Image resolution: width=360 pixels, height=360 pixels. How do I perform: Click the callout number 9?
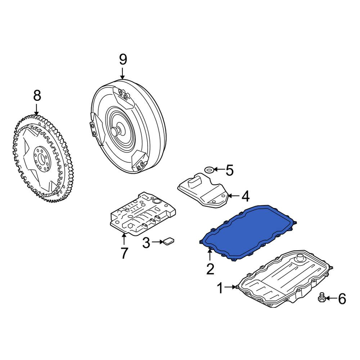(123, 59)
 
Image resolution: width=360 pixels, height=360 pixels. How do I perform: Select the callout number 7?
(124, 253)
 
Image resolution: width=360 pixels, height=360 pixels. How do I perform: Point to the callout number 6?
(342, 299)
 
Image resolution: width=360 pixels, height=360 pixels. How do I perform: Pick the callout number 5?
(229, 170)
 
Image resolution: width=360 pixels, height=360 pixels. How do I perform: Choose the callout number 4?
(246, 196)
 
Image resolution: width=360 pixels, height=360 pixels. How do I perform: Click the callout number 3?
(146, 243)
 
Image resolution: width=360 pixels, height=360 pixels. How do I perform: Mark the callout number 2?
(210, 269)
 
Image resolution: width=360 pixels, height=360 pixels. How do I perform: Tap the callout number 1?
(220, 288)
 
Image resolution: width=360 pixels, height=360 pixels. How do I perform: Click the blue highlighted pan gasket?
(248, 232)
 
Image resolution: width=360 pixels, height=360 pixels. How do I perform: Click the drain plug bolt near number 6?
(321, 297)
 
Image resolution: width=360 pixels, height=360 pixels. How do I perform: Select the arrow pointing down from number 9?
(122, 73)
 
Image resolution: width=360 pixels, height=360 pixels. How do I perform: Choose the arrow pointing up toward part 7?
(124, 239)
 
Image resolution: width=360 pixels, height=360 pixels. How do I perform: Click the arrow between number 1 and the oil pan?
(231, 287)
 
